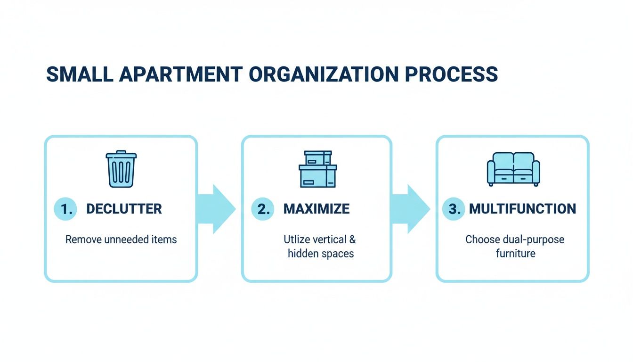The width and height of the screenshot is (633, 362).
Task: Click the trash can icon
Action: (x=121, y=169)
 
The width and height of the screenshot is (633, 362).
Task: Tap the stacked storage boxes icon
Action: (x=318, y=169)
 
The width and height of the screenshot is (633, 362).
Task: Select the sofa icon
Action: (x=513, y=169)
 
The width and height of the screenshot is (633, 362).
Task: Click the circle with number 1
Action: (x=66, y=209)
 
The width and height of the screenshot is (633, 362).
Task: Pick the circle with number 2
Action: (x=262, y=209)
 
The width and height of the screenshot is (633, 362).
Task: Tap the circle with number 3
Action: (x=454, y=209)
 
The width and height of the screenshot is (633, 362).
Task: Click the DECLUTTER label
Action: (x=124, y=209)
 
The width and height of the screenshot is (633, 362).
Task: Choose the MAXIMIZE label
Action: (x=316, y=209)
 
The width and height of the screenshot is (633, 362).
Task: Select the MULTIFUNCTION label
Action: (x=522, y=209)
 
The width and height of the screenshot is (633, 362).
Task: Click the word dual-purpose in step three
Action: (x=533, y=239)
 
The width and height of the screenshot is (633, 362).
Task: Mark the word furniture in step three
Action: (x=515, y=254)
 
